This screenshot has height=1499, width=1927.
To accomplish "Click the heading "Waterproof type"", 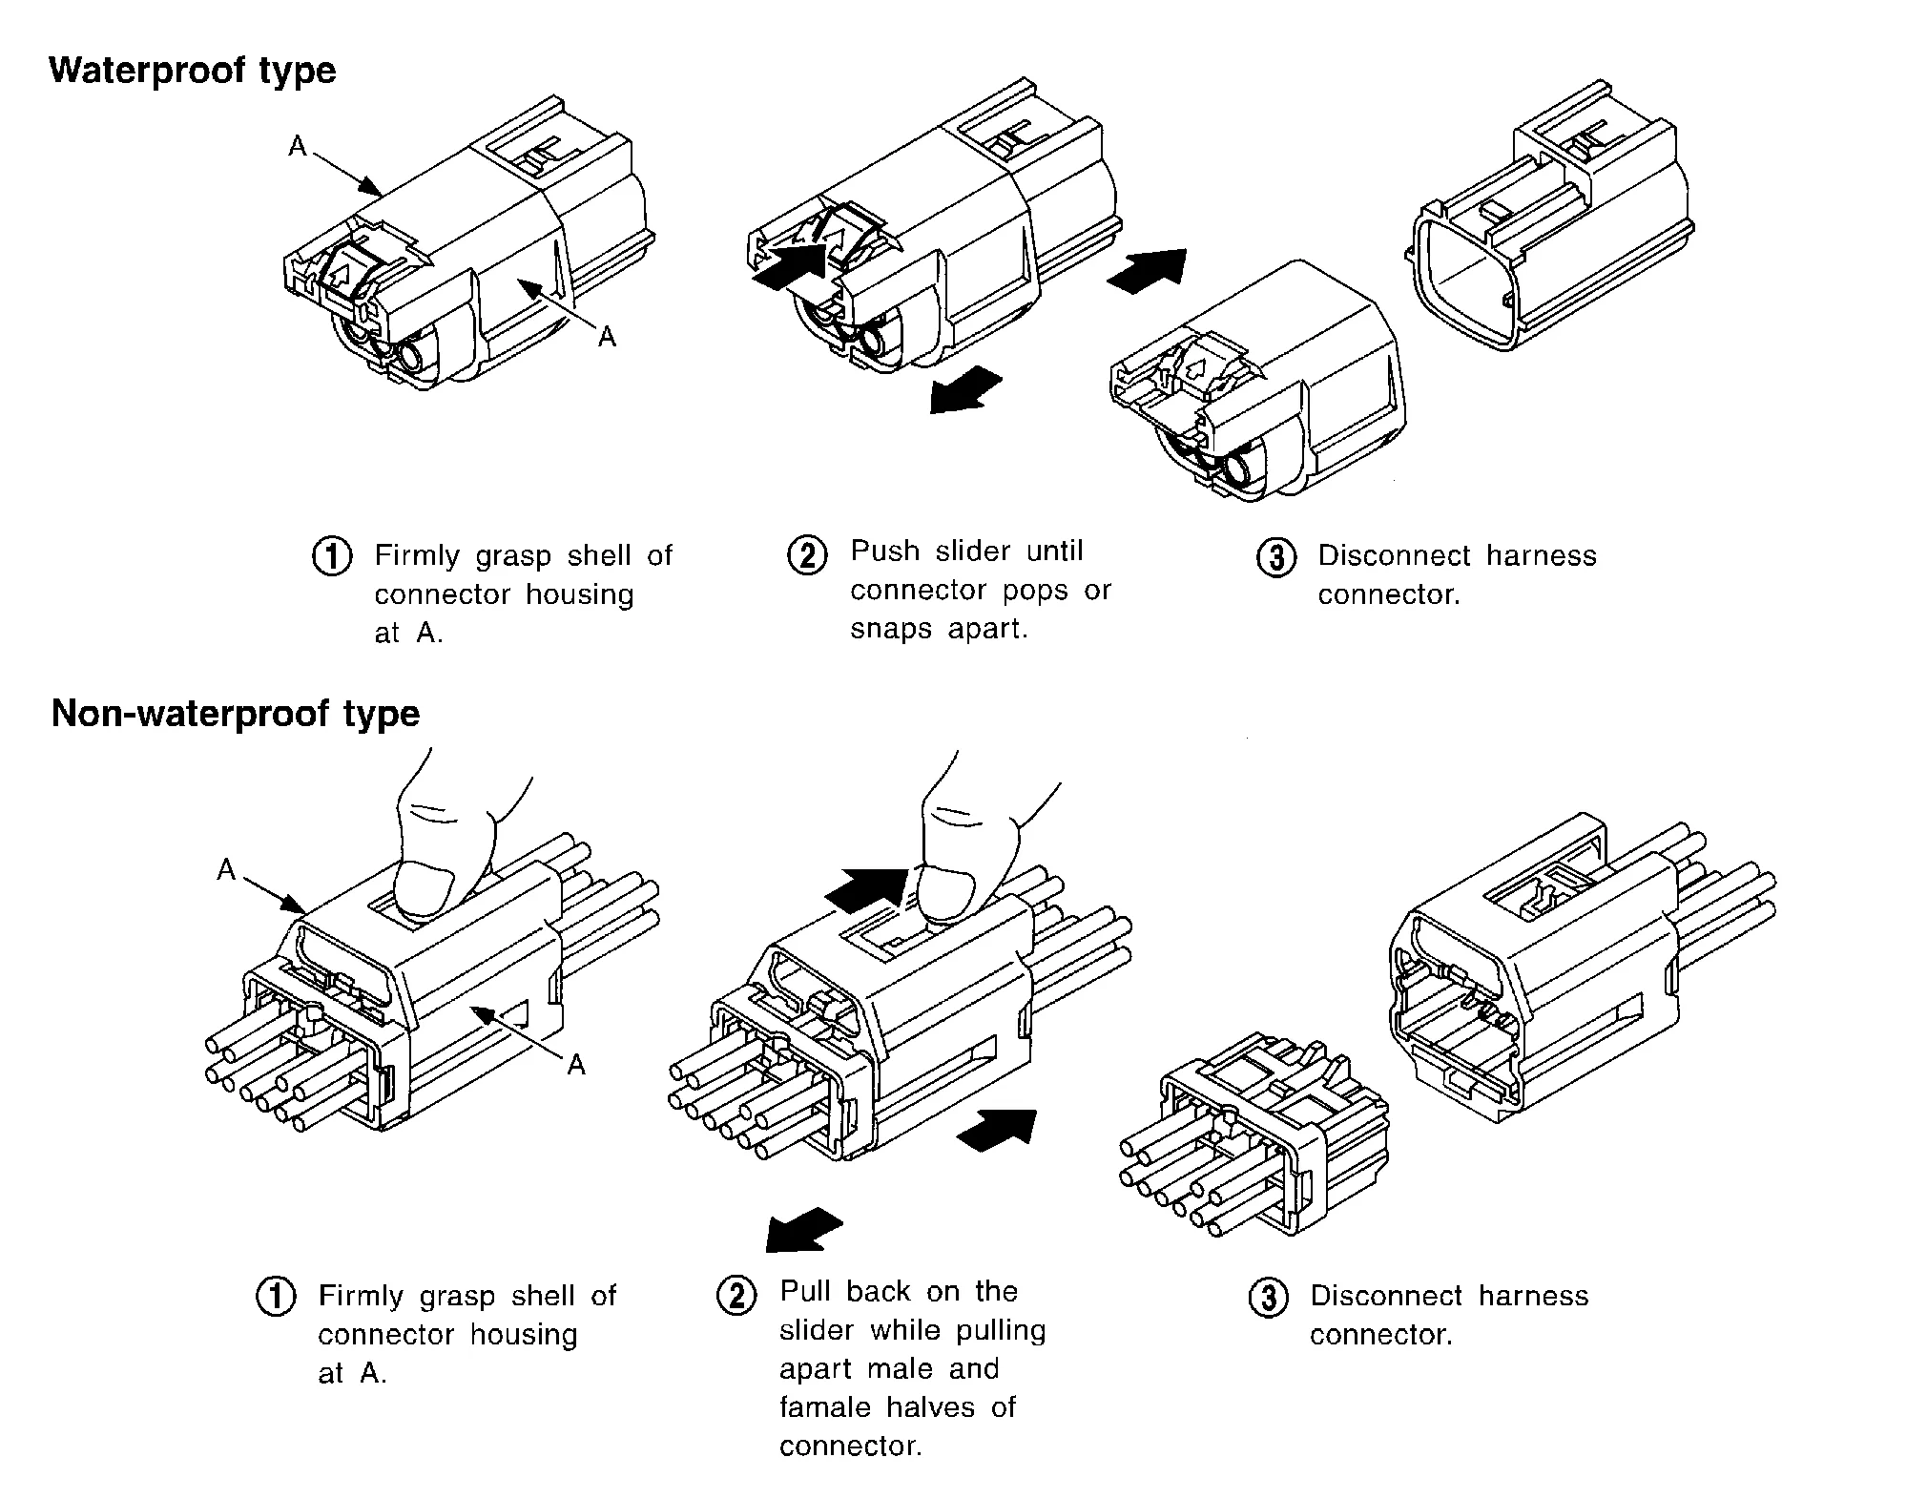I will click(192, 72).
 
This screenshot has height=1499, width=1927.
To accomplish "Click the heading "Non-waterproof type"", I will click(235, 714).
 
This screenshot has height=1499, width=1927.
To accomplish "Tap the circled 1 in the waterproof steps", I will click(332, 556).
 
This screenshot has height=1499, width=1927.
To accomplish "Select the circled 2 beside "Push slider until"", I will click(807, 554).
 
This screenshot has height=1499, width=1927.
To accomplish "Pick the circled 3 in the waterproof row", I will click(1276, 556).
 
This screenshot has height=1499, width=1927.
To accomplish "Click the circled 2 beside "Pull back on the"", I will click(736, 1296).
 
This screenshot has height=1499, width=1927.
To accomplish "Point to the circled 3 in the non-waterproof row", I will click(1269, 1298).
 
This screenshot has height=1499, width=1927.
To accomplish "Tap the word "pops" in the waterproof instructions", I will click(1039, 591).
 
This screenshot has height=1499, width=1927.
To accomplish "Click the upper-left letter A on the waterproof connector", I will click(299, 146).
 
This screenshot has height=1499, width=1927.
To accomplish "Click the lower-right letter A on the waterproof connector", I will click(607, 336).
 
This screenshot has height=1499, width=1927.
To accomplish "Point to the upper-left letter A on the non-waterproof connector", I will click(226, 870).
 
